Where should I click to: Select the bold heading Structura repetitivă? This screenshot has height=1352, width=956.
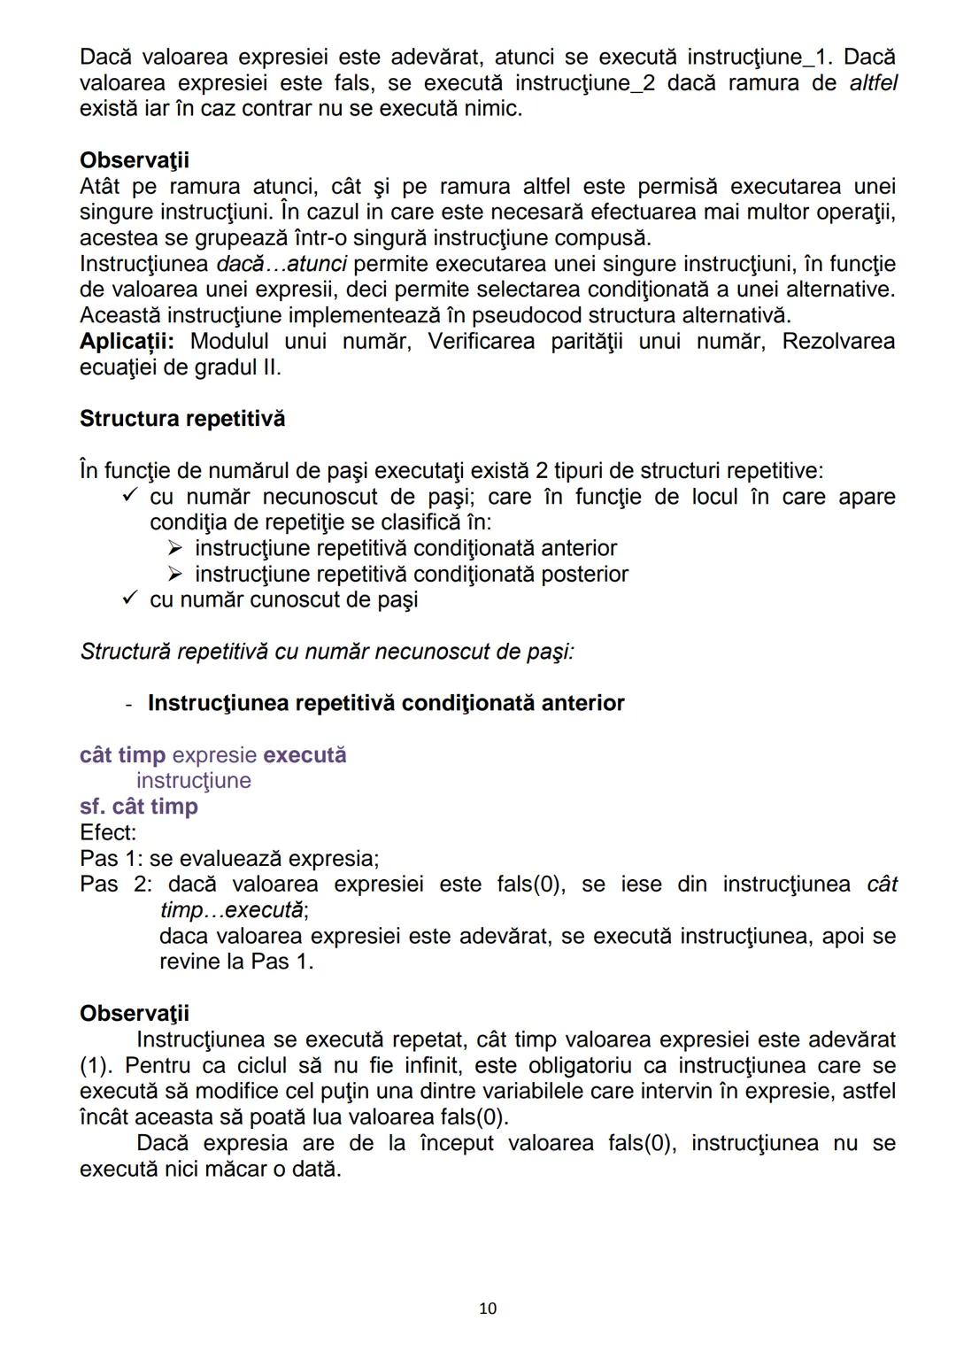click(182, 419)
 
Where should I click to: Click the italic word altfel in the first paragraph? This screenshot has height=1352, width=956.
click(873, 83)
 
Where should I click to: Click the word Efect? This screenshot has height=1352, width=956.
click(108, 833)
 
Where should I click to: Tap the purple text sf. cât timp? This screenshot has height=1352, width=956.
click(139, 807)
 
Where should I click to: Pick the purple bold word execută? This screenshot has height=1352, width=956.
click(305, 755)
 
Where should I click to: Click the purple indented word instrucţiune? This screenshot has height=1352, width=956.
click(194, 781)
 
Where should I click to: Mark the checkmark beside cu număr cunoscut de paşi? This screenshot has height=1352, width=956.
click(130, 599)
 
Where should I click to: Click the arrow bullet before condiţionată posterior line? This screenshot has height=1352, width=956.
click(175, 574)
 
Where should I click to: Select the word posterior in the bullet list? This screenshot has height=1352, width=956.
click(584, 575)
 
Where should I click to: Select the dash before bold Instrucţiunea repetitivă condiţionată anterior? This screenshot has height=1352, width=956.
click(129, 705)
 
